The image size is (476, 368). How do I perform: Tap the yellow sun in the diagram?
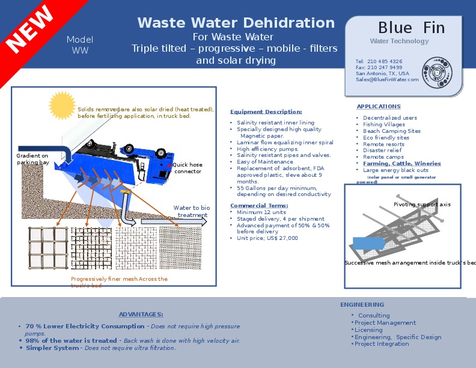(x=63, y=105)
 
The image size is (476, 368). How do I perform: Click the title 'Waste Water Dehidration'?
(x=236, y=23)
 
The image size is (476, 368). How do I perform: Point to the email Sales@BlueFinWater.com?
(x=386, y=79)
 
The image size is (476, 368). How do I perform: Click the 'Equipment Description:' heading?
(x=266, y=112)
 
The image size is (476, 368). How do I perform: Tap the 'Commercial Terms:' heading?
(x=259, y=206)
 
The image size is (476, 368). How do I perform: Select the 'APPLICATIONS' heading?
(x=379, y=106)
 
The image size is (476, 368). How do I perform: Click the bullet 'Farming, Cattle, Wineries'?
(x=401, y=164)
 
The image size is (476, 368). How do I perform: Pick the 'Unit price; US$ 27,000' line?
(x=267, y=238)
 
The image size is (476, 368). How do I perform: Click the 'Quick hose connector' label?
(x=188, y=168)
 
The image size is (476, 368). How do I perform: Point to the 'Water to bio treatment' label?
(x=192, y=212)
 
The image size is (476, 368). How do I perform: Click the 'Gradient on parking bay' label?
(x=32, y=159)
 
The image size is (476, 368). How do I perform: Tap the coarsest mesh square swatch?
(x=48, y=248)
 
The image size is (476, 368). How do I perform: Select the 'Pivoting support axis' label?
(x=422, y=204)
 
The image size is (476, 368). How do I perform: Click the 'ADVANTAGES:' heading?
(x=141, y=314)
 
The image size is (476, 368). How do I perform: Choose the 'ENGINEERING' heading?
(x=362, y=305)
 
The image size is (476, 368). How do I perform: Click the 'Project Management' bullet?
(x=385, y=323)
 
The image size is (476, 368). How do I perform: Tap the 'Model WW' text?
(x=80, y=45)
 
